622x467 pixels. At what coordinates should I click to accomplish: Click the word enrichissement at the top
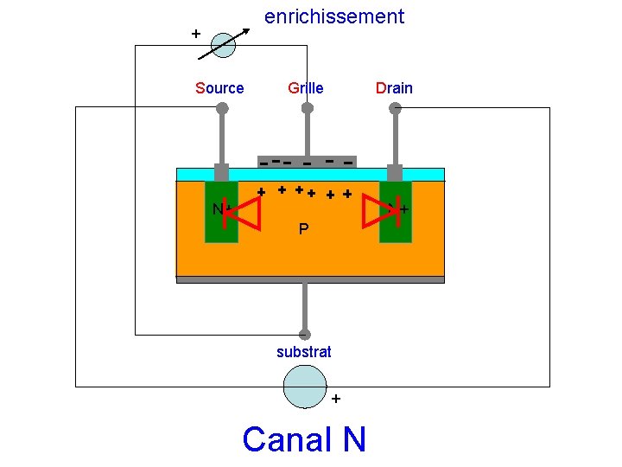coord(333,16)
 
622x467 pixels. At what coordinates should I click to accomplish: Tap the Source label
coord(219,88)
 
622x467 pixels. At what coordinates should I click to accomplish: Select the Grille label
coord(305,88)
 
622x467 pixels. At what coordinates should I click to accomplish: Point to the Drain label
coord(393,88)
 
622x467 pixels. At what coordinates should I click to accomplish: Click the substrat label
coord(303,352)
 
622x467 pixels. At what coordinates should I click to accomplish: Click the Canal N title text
coord(304,439)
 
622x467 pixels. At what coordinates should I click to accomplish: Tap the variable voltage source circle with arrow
coord(223,45)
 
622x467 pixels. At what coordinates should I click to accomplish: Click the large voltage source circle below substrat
coord(305,386)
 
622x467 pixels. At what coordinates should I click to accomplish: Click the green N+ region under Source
coord(220,212)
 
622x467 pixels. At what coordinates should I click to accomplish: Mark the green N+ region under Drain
coord(396,212)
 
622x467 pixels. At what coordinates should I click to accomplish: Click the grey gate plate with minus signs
coord(307,162)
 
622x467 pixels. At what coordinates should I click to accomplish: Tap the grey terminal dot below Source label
coord(222,108)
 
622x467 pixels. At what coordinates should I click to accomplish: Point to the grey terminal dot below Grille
coord(307,108)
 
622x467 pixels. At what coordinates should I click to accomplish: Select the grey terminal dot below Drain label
coord(395,108)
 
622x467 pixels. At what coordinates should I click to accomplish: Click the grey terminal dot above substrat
coord(304,335)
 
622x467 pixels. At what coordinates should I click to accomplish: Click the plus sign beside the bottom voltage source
coord(336,399)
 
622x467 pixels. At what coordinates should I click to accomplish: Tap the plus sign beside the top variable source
coord(196,34)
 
